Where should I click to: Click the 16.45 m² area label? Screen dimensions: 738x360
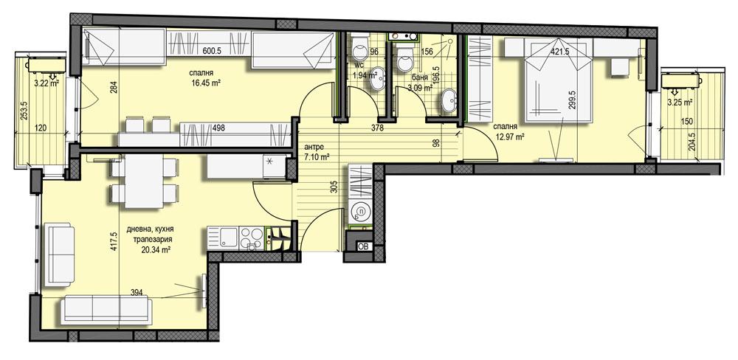206,83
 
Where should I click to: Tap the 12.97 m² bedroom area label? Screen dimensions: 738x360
509,137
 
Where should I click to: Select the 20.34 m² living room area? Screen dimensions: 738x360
155,249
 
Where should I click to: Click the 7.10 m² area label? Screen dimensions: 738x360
317,157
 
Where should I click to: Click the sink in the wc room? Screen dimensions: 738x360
377,79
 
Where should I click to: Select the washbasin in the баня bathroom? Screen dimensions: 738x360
449,101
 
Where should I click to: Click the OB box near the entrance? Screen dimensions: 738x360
364,246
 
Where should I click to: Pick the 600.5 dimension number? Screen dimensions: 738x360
212,52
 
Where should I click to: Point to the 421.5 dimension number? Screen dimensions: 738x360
559,52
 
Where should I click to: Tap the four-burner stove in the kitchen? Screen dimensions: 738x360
252,238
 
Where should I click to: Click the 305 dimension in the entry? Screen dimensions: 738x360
334,187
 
